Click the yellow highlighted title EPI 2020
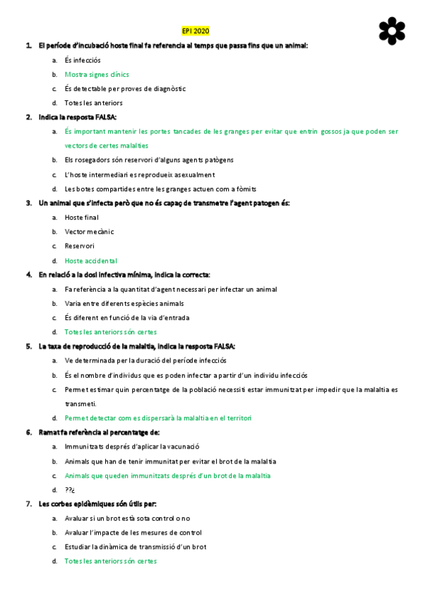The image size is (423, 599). click(x=196, y=31)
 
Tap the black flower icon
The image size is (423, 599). click(x=392, y=30)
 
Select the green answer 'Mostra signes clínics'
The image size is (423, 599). click(x=97, y=74)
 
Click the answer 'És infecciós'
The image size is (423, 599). click(x=83, y=60)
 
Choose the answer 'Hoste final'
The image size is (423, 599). click(x=82, y=218)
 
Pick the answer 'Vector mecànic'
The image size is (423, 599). click(x=89, y=232)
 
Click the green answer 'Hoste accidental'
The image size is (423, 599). click(x=91, y=261)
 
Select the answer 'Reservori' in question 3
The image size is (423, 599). click(x=79, y=246)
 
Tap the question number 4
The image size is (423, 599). click(x=28, y=275)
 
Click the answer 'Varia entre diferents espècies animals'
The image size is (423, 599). click(x=124, y=303)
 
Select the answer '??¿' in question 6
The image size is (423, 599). click(x=69, y=490)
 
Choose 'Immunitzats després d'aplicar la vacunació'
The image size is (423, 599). click(x=132, y=446)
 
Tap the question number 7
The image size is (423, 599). click(x=28, y=504)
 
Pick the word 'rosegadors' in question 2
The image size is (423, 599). click(x=95, y=160)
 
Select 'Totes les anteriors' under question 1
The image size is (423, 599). click(x=93, y=103)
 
